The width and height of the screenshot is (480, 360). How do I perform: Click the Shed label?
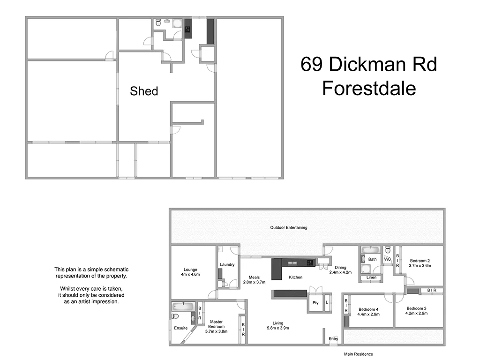144,91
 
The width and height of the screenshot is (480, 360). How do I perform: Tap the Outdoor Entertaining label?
288,228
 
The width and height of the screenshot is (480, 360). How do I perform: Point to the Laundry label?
227,265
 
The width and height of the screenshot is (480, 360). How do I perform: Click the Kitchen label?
295,277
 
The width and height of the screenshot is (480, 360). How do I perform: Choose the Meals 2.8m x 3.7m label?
254,279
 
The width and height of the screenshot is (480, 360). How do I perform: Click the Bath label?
372,259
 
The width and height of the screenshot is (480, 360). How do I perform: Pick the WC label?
387,259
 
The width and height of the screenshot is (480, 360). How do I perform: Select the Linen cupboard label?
371,277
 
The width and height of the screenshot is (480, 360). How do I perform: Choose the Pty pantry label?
315,303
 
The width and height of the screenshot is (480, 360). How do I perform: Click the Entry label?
333,339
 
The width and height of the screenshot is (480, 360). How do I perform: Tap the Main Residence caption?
358,354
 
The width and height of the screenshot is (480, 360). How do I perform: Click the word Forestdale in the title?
369,88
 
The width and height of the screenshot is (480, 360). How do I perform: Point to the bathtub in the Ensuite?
182,307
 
